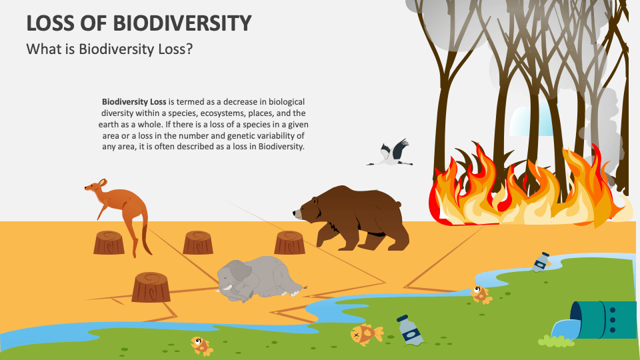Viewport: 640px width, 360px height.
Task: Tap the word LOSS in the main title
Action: click(49, 23)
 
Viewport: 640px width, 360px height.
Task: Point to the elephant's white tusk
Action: click(228, 288)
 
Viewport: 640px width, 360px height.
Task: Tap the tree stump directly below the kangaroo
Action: click(109, 243)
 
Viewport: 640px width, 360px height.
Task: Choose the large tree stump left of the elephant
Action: click(151, 287)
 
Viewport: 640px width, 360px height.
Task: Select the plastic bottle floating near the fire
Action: click(541, 261)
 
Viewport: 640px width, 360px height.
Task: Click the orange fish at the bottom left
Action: click(201, 345)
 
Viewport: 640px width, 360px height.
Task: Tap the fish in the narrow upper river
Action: click(480, 293)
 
